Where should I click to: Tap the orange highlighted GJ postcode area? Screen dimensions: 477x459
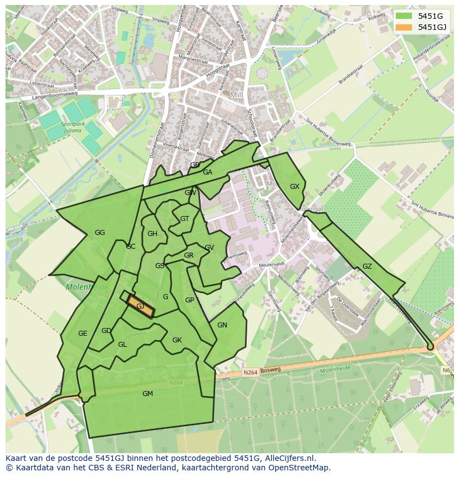pos(140,306)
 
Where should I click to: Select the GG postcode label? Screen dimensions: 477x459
pos(100,233)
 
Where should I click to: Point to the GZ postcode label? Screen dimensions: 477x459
pos(367,266)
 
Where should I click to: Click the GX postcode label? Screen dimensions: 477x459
pos(294,187)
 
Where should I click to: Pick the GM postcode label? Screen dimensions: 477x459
pos(147,394)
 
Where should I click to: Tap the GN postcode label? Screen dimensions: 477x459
pos(222,325)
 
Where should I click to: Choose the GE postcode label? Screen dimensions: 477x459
pos(83,334)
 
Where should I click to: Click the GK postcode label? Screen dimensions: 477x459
pos(177,340)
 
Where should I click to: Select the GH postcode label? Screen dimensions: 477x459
pos(152,234)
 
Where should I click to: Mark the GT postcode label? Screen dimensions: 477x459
pos(185,219)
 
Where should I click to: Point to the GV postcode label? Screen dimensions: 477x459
pos(209,248)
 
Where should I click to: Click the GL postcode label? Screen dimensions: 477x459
pos(123,345)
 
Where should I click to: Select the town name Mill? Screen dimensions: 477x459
pos(237,95)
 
